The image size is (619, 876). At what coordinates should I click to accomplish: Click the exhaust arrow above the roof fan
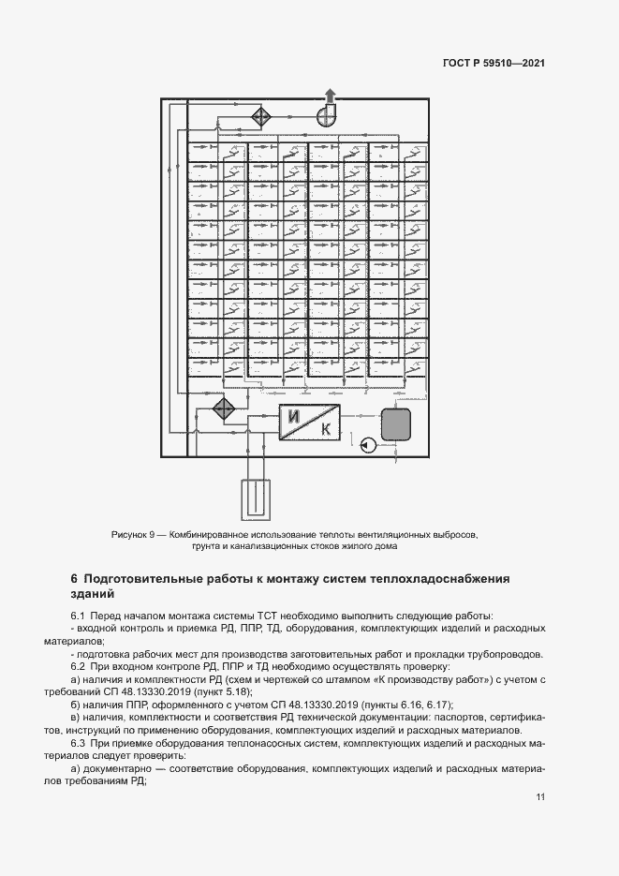(330, 94)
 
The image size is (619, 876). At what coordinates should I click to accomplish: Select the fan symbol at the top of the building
(327, 114)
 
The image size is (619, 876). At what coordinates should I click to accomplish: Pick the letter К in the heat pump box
(325, 430)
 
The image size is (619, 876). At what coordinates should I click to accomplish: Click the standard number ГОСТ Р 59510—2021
(494, 64)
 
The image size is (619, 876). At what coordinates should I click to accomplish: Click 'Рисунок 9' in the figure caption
(133, 534)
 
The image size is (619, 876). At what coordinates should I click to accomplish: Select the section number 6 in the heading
(75, 578)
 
